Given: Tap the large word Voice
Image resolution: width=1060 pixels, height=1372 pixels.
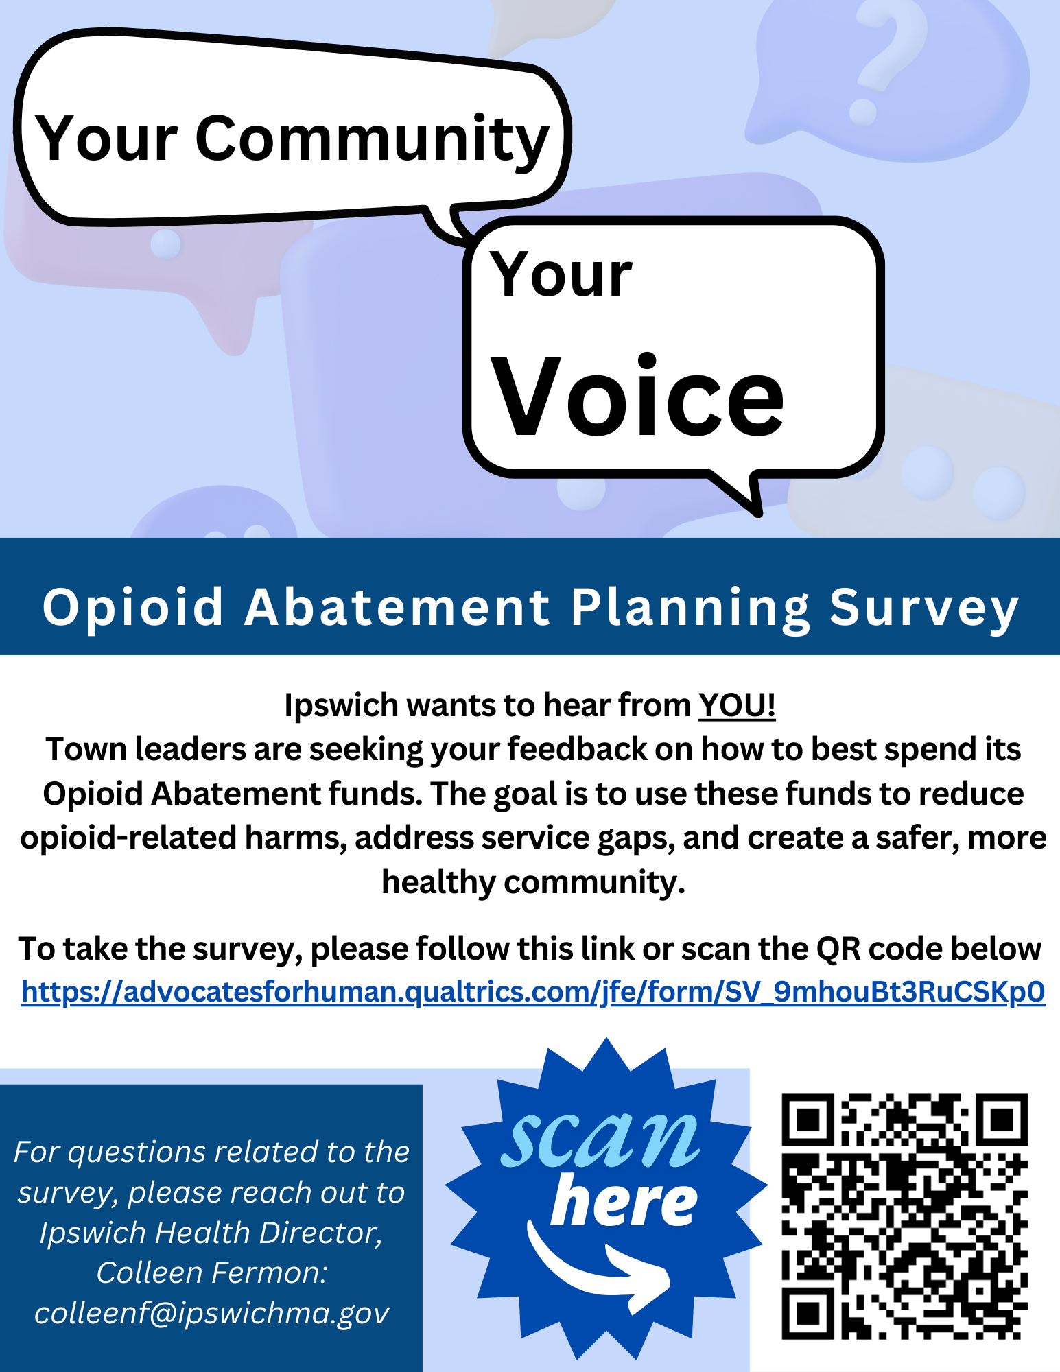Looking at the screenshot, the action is [x=638, y=396].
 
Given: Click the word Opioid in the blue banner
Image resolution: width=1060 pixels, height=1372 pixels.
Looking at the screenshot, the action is [x=133, y=608].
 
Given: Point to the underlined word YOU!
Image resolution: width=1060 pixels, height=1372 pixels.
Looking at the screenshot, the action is [x=737, y=705].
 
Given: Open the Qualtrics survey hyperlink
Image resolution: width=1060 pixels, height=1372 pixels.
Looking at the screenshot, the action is [x=533, y=992].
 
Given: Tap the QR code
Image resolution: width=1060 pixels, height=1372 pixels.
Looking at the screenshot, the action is [x=905, y=1216].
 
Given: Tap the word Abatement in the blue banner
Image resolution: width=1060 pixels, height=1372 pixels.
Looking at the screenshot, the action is [x=398, y=608].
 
